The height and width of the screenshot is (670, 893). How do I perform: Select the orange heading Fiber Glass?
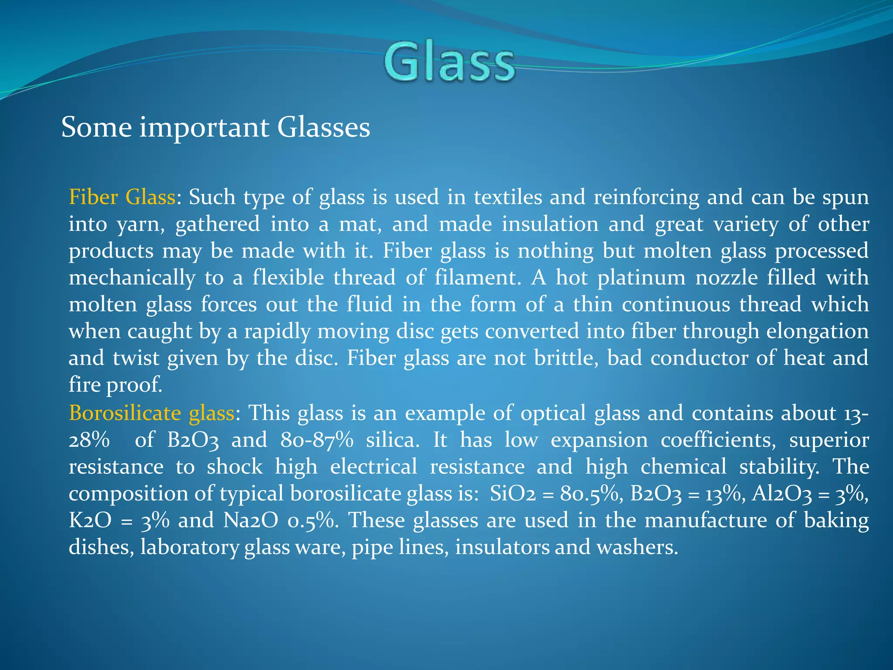(122, 197)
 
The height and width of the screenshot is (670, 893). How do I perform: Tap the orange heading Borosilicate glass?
(151, 413)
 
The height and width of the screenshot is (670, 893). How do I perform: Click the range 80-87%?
(317, 440)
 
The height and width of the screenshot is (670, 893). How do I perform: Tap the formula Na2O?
(250, 520)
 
